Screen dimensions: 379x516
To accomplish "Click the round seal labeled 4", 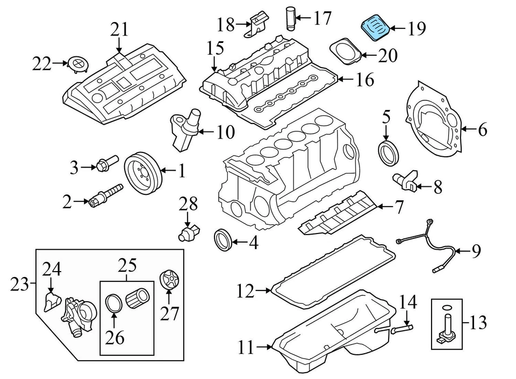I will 223,239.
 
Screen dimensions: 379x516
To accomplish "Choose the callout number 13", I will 477,323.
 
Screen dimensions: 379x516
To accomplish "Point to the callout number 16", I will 364,81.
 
